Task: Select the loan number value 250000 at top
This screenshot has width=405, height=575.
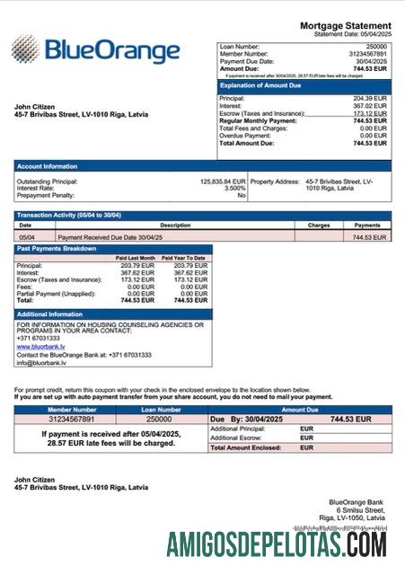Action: coord(376,46)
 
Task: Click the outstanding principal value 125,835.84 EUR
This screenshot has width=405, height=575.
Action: coord(222,181)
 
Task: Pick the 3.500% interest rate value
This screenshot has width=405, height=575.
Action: coord(234,188)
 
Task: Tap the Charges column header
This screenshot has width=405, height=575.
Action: coord(319,226)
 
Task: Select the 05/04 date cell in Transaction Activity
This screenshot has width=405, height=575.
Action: coord(26,237)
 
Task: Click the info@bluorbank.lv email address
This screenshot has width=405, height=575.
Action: coord(41,363)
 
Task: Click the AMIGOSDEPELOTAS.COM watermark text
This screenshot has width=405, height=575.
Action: coord(277,544)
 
